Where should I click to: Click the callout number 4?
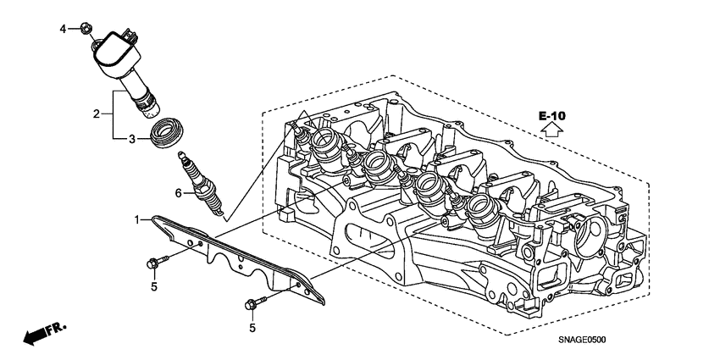62,30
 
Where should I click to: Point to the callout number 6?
179,194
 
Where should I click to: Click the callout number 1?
138,220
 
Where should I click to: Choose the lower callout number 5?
252,327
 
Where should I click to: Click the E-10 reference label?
551,114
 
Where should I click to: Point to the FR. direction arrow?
42,334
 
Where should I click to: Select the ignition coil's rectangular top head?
114,51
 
